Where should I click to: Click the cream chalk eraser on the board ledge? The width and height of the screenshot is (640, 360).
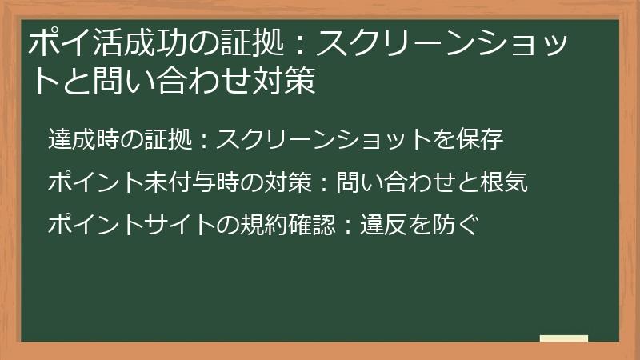[x=563, y=339]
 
